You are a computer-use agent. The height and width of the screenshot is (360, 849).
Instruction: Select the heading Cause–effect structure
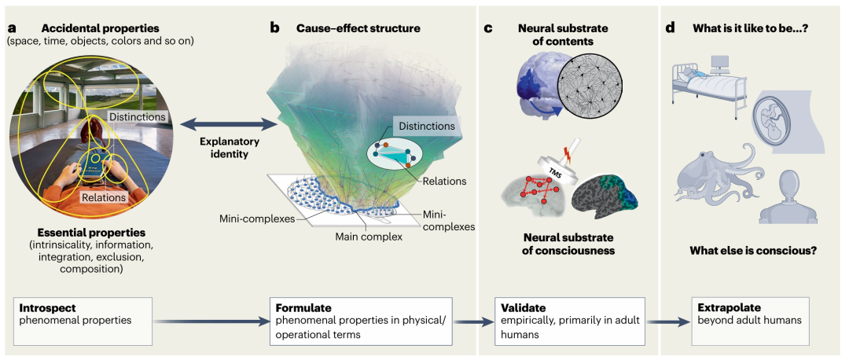tap(358, 28)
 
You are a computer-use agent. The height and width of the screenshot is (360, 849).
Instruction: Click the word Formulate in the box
tap(303, 309)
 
